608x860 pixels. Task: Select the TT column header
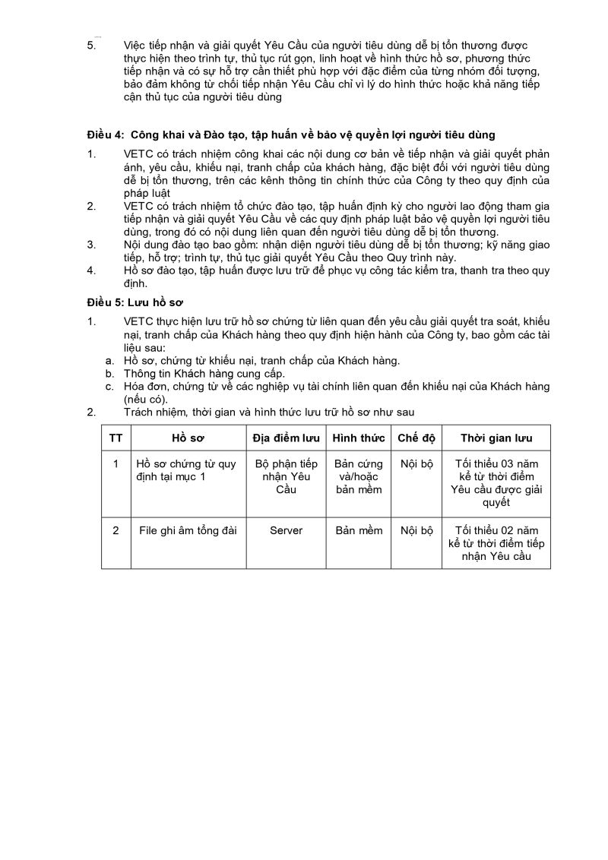click(116, 438)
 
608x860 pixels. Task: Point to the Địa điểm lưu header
click(286, 438)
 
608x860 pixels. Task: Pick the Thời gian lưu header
click(496, 438)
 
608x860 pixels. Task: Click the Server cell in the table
click(286, 530)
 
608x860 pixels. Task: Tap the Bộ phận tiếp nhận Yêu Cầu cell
click(286, 476)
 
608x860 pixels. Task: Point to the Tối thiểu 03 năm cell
click(496, 482)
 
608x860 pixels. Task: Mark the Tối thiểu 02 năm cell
click(496, 543)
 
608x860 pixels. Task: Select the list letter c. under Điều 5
click(110, 387)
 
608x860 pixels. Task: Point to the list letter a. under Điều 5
click(110, 361)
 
